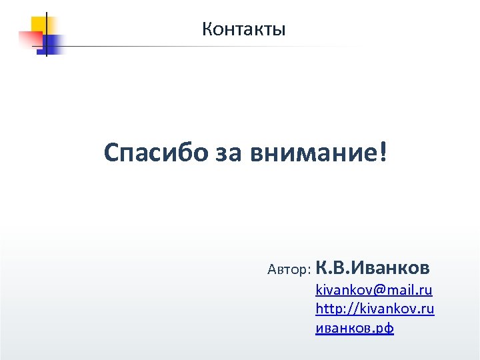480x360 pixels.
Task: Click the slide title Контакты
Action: [244, 29]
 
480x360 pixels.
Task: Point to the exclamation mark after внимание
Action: [382, 153]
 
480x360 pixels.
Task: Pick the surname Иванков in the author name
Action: [389, 268]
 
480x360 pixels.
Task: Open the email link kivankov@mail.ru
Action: [374, 290]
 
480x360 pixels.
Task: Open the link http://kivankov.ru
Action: [375, 309]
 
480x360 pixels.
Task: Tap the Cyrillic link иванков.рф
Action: [354, 329]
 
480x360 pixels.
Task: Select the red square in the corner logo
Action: [30, 39]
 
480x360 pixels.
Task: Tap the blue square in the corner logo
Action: [51, 44]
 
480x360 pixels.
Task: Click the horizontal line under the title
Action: [200, 47]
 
